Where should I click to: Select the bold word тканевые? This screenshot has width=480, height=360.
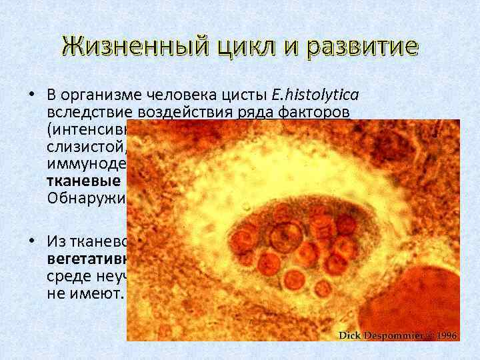tap(83, 181)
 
